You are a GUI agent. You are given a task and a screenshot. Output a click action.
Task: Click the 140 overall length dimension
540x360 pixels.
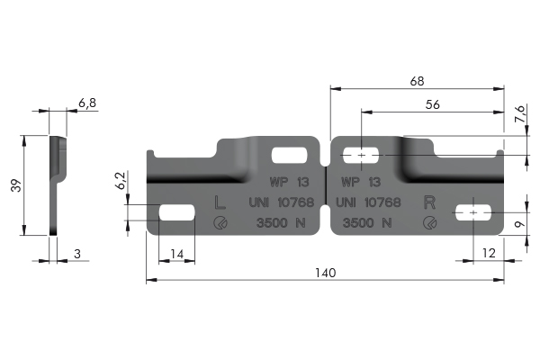(x=325, y=273)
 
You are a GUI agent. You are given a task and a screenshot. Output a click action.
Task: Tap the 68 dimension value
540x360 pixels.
(x=417, y=81)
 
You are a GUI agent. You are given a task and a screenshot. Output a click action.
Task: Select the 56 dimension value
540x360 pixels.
(x=433, y=104)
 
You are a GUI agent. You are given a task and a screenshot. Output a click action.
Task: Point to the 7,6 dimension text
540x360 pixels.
(x=520, y=114)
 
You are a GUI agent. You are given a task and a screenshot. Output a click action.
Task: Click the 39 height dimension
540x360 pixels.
(x=16, y=185)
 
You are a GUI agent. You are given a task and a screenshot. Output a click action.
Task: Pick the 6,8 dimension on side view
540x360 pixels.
(x=87, y=103)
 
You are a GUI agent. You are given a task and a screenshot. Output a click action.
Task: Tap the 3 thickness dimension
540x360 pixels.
(x=77, y=254)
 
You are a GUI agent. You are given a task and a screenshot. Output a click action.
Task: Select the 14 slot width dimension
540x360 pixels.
(x=177, y=254)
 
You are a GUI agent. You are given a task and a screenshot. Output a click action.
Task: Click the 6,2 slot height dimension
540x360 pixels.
(x=121, y=181)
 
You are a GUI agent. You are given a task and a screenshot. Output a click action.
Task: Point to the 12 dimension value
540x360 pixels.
(x=489, y=253)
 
